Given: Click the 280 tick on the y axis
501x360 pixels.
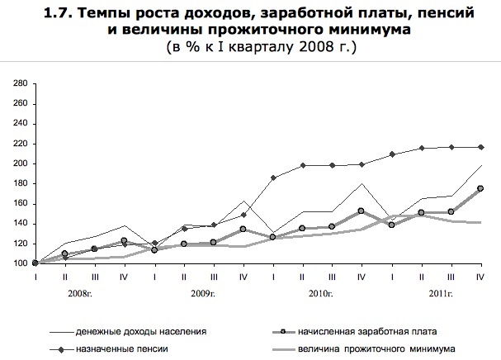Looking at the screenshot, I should click(x=20, y=83).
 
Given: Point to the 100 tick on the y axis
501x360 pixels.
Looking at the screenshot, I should click(x=20, y=263).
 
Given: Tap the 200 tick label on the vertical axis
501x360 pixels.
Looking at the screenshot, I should click(x=20, y=163).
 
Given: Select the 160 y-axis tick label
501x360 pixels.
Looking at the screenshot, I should click(x=20, y=203).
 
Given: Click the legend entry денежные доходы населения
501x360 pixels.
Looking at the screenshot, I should click(x=141, y=331).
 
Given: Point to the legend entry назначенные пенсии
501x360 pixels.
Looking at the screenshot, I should click(x=122, y=349).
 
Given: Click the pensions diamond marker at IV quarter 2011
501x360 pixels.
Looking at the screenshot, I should click(x=480, y=147).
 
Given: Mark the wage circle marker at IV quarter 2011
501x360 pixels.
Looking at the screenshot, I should click(x=480, y=189).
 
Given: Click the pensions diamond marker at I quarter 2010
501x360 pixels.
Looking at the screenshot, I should click(x=273, y=178).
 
